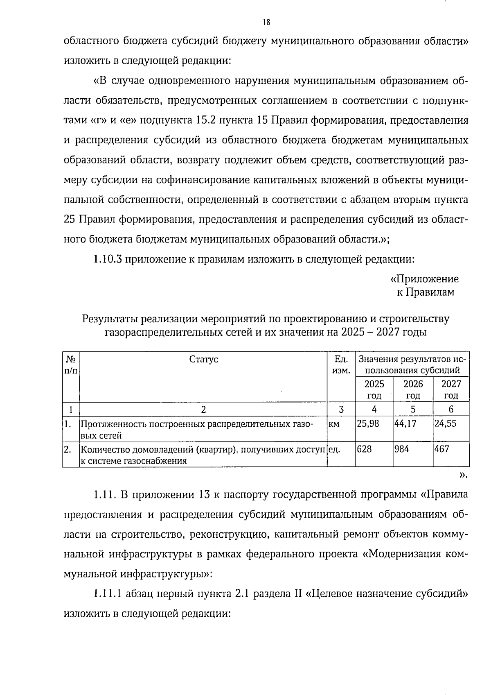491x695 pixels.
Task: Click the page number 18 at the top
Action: click(x=266, y=22)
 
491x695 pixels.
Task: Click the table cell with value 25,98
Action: click(x=368, y=423)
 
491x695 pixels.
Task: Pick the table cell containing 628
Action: click(x=365, y=449)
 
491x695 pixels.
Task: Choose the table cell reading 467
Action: click(x=442, y=449)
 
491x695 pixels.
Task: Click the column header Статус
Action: click(x=203, y=359)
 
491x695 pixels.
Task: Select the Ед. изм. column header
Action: click(x=341, y=364)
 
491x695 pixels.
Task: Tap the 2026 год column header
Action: click(x=413, y=389)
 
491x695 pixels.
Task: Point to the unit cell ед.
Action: click(x=335, y=449)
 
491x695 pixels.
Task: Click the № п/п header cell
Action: click(x=71, y=364)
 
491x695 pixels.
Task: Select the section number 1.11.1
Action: click(x=107, y=594)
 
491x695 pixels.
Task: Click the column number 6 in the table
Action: click(x=451, y=409)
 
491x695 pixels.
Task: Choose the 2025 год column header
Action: click(x=374, y=389)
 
